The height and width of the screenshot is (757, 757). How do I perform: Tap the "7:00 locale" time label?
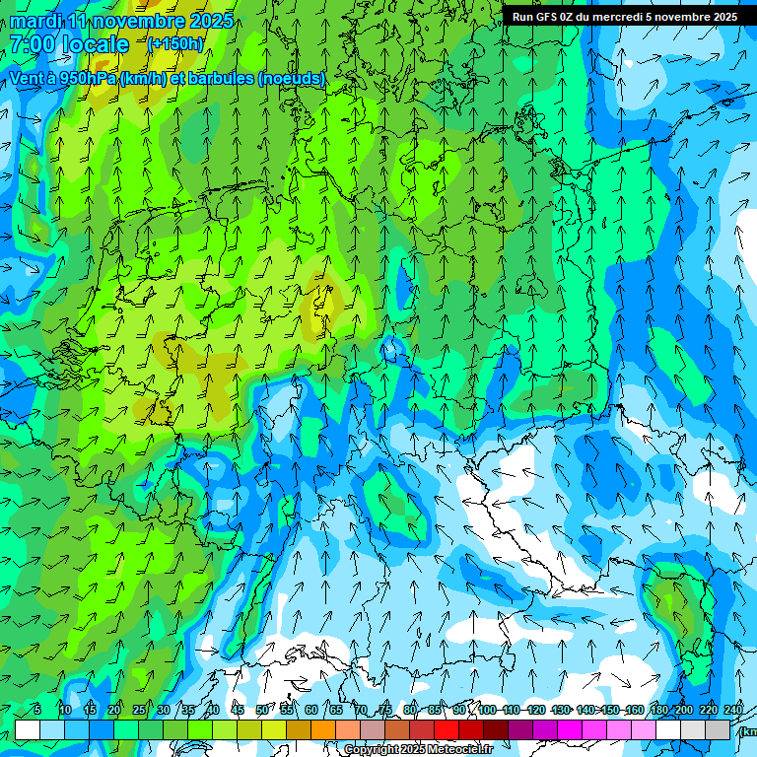[x=69, y=44]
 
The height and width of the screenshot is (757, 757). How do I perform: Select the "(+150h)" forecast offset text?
[x=175, y=43]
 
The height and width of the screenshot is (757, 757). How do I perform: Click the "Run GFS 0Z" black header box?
[x=624, y=17]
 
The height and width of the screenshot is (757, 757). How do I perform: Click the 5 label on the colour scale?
[x=37, y=710]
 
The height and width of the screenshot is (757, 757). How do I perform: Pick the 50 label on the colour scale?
[x=261, y=710]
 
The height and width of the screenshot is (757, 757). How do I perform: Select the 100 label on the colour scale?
[x=486, y=710]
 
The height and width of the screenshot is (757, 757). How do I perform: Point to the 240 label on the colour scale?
[x=733, y=710]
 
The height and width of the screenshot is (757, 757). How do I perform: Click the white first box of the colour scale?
[x=28, y=729]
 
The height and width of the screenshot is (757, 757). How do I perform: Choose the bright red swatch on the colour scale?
[x=447, y=729]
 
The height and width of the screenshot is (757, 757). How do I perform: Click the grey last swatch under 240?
[x=719, y=729]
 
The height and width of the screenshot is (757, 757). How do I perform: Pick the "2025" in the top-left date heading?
[x=211, y=21]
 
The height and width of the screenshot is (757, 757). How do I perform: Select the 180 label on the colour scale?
[x=658, y=710]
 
